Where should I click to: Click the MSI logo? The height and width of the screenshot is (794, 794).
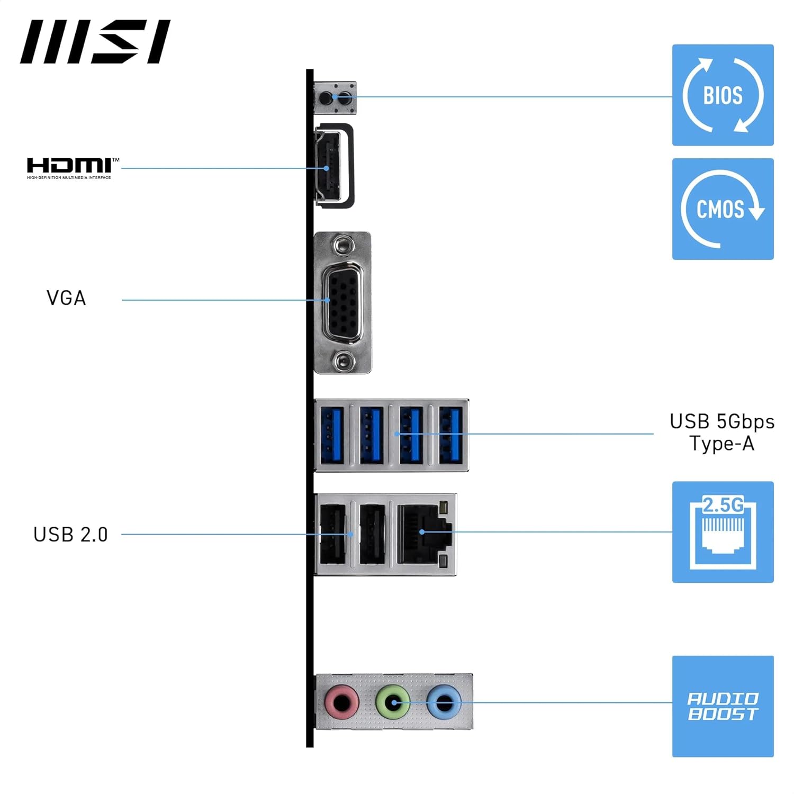(95, 42)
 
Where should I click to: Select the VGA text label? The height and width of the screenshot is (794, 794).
(66, 298)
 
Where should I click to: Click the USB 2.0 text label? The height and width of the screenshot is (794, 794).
(70, 535)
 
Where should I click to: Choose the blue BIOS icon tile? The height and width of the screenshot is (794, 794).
(723, 95)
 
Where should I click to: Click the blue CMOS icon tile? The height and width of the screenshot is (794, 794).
(723, 209)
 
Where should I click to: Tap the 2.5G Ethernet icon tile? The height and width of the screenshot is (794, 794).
(723, 532)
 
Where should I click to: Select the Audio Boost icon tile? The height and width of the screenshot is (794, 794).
(723, 706)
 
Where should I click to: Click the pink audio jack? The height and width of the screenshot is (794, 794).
(342, 702)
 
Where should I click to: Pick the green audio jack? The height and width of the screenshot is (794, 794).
(392, 702)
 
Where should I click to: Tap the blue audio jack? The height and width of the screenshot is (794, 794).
(443, 702)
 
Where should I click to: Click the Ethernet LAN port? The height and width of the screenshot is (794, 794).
(424, 534)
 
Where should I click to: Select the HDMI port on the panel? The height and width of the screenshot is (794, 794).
(329, 166)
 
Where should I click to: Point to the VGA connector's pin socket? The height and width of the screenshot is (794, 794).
(343, 303)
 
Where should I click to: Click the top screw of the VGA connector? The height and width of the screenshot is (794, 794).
(343, 245)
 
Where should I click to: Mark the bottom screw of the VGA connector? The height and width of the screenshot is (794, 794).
(343, 362)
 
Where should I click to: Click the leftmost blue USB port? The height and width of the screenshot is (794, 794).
(332, 435)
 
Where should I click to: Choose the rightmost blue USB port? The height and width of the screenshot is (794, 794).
(450, 435)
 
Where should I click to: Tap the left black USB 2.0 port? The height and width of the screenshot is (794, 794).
(332, 534)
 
